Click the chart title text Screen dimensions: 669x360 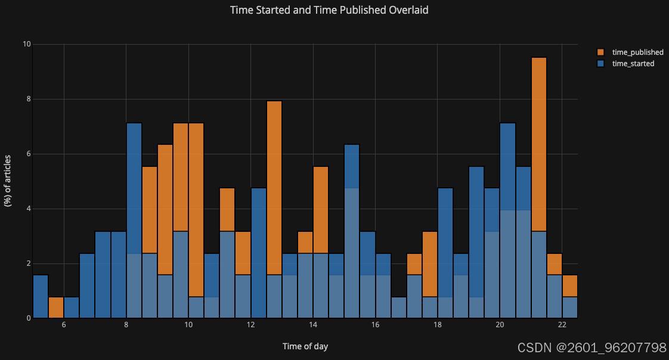click(329, 10)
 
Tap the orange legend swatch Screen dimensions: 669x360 click(601, 52)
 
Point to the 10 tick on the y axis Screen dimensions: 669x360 click(26, 44)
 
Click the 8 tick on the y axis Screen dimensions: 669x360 click(29, 99)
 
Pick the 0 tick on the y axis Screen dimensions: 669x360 click(29, 318)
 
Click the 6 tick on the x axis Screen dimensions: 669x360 click(64, 325)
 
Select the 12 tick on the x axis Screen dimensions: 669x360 click(250, 325)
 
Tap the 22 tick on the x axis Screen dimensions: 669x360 click(562, 325)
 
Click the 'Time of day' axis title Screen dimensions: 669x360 click(305, 346)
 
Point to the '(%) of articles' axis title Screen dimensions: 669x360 click(8, 181)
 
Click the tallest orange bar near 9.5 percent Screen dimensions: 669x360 click(539, 145)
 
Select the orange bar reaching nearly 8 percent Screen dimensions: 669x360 click(274, 188)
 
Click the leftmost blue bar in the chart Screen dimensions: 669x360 click(41, 296)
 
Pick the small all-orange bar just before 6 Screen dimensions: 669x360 click(56, 308)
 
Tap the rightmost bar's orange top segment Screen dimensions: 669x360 click(570, 285)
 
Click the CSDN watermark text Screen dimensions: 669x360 click(591, 347)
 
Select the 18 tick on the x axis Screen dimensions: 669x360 click(437, 325)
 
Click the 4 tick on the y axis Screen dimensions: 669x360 click(29, 209)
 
